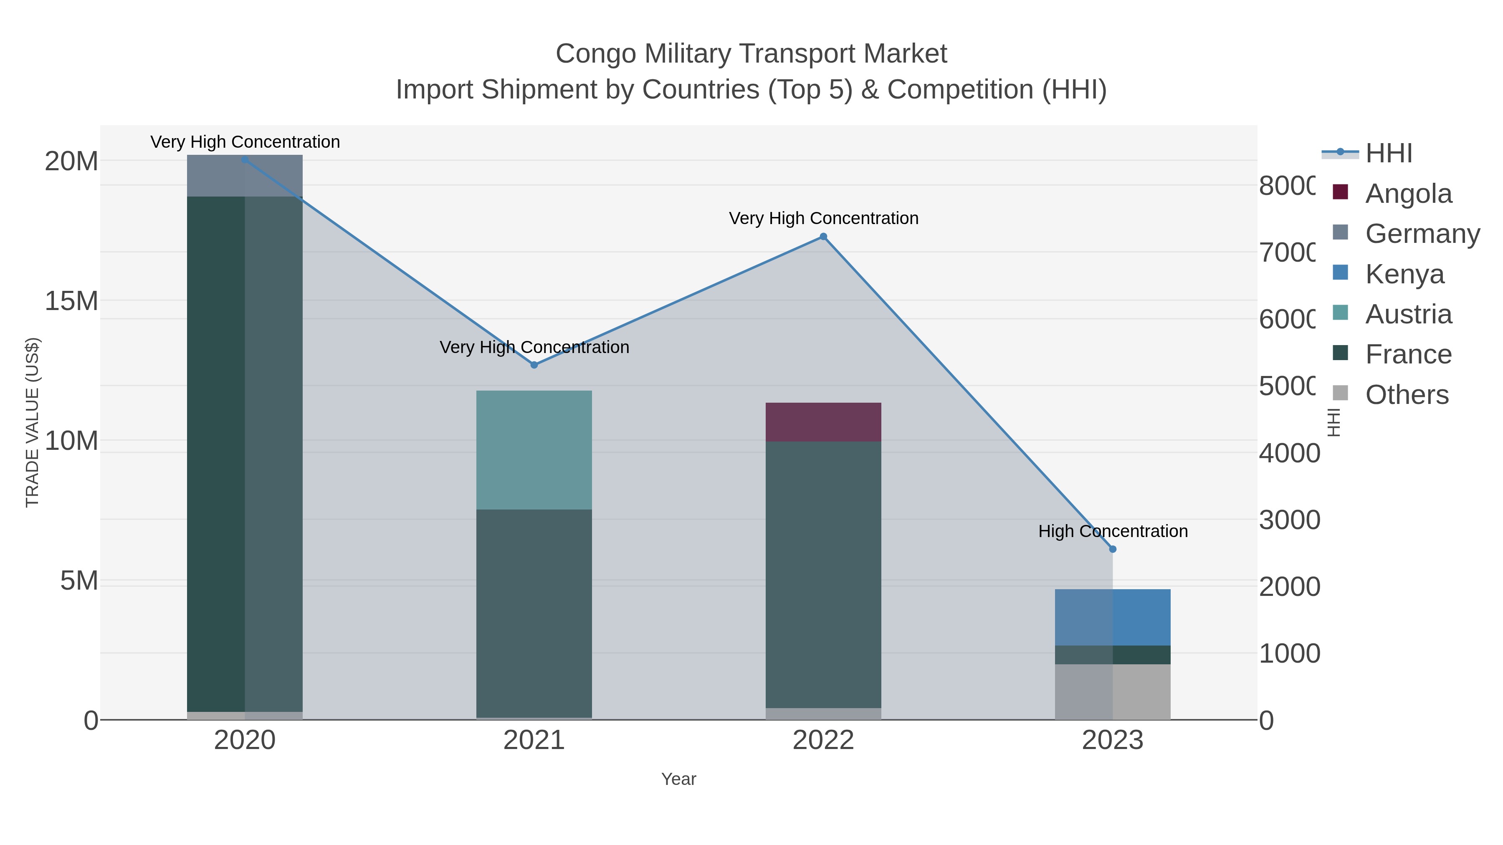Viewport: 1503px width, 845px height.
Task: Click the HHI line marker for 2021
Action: coord(534,365)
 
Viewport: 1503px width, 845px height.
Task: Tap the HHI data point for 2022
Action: coord(823,237)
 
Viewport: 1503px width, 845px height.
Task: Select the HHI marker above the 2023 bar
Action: coord(1113,549)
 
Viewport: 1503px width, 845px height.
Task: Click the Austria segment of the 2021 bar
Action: coord(534,450)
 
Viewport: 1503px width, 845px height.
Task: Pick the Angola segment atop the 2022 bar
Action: coord(823,422)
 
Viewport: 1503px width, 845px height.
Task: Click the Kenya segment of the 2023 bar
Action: coord(1113,618)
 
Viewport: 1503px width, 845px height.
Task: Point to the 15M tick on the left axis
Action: coord(71,302)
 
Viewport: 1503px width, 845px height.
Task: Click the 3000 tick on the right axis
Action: coord(1289,520)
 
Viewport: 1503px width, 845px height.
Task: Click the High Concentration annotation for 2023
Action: coord(1113,531)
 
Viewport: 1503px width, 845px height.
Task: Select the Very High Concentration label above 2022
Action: coord(823,219)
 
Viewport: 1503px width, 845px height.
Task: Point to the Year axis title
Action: coord(678,779)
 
